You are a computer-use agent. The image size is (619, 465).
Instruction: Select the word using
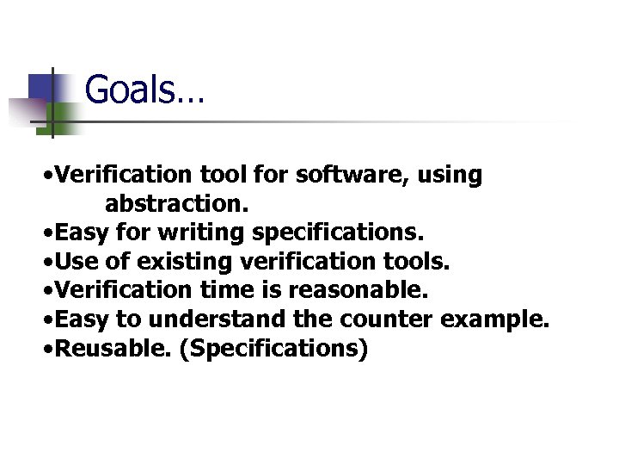(450, 175)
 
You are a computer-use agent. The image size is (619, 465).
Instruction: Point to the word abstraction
(176, 204)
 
